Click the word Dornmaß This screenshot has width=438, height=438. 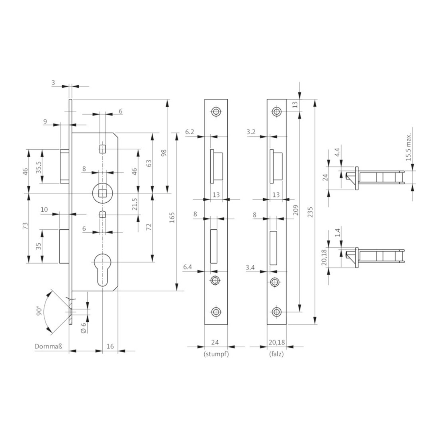[x=48, y=346]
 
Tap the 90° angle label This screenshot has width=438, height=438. [x=39, y=311]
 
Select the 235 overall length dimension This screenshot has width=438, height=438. [x=310, y=212]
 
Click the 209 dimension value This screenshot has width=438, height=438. [x=296, y=210]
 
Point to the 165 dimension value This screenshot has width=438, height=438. [x=172, y=217]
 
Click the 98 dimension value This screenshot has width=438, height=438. [x=164, y=153]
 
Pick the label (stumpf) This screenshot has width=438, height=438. [x=216, y=354]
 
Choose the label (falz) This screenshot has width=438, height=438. [x=276, y=354]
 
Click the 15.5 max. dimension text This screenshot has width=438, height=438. [x=409, y=147]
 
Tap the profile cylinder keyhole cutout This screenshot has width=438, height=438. [x=103, y=269]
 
